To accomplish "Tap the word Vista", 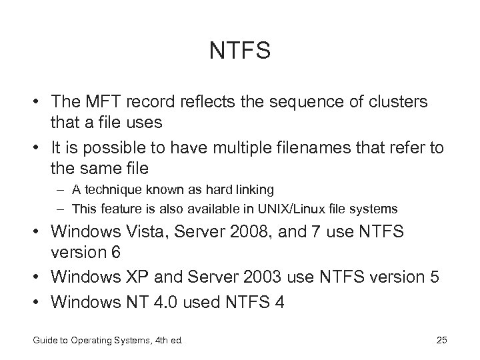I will [157, 232].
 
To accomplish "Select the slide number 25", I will [441, 341].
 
